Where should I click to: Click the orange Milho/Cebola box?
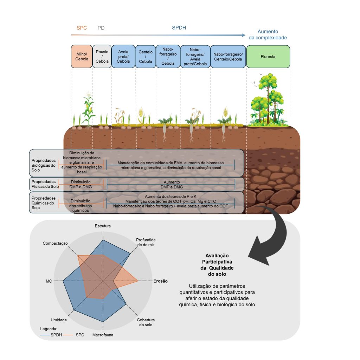(82, 56)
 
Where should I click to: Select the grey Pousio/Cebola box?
(102, 56)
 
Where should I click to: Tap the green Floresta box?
(268, 56)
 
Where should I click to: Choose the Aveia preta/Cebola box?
(123, 56)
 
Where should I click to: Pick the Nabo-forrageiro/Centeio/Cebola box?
(227, 56)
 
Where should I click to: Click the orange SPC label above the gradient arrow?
(82, 28)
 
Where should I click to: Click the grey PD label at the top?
(101, 28)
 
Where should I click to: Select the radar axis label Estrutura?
(103, 226)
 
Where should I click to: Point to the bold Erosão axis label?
(160, 281)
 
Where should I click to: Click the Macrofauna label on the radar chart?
(103, 335)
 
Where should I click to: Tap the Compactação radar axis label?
(55, 243)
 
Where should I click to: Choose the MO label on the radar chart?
(49, 281)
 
